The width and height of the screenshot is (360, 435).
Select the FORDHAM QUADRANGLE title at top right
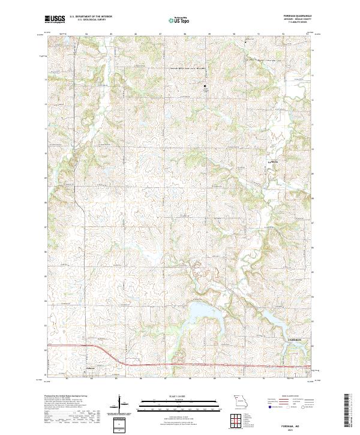[x=296, y=16]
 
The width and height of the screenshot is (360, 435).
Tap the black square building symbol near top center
[x=205, y=86]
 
